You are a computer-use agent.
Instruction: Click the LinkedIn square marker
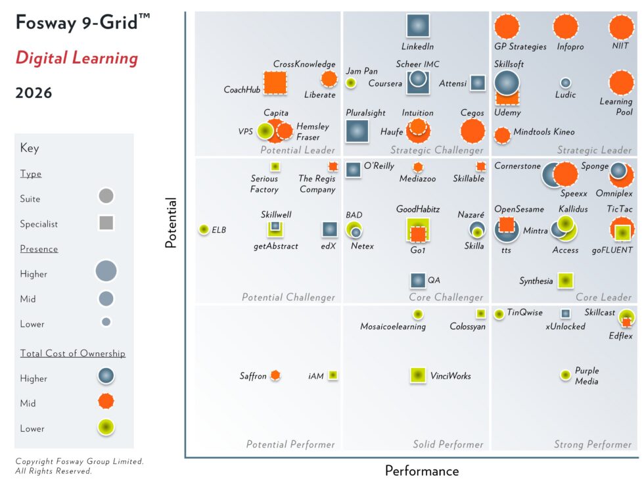(417, 26)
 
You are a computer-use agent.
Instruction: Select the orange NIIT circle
(621, 27)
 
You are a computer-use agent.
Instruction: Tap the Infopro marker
(566, 27)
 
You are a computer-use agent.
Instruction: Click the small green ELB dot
(204, 229)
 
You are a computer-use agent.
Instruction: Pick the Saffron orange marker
(276, 375)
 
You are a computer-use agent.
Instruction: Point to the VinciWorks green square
(417, 375)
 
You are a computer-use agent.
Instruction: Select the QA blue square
(418, 281)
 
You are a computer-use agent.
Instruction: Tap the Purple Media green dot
(565, 375)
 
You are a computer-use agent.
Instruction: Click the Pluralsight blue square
(357, 131)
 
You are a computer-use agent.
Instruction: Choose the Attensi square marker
(478, 83)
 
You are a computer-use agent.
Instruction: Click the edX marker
(329, 229)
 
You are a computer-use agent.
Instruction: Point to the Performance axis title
(421, 471)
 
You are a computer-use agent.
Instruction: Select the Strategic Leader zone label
(594, 150)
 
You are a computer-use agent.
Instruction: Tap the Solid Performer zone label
(448, 445)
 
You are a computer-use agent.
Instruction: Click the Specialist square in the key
(106, 223)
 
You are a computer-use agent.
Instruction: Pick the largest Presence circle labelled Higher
(106, 271)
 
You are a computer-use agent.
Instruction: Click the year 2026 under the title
(34, 93)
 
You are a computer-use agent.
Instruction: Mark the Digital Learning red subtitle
(77, 58)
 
